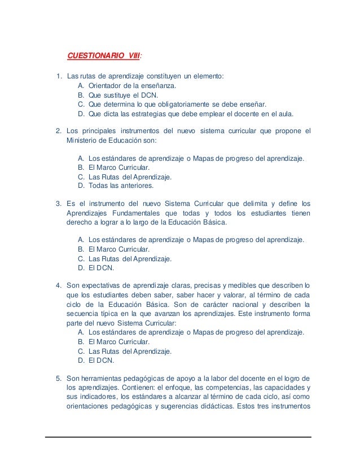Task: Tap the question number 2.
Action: click(x=58, y=131)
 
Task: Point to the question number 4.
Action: click(x=58, y=284)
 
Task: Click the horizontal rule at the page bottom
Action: click(x=179, y=437)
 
